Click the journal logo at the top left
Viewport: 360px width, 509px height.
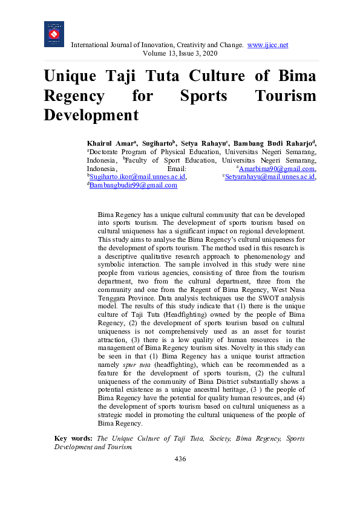[x=54, y=34]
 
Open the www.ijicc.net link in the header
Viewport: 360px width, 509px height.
[x=267, y=45]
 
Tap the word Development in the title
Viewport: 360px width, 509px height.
[x=91, y=114]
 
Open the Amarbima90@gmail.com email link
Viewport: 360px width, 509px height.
[x=277, y=169]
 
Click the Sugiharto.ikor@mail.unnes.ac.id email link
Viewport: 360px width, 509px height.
[x=138, y=177]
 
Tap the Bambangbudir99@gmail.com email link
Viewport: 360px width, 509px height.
[x=133, y=186]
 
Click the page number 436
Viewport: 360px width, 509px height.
[x=180, y=459]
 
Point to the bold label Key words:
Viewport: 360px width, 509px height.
[x=73, y=438]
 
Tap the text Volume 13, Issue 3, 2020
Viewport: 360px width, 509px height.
[x=180, y=53]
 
